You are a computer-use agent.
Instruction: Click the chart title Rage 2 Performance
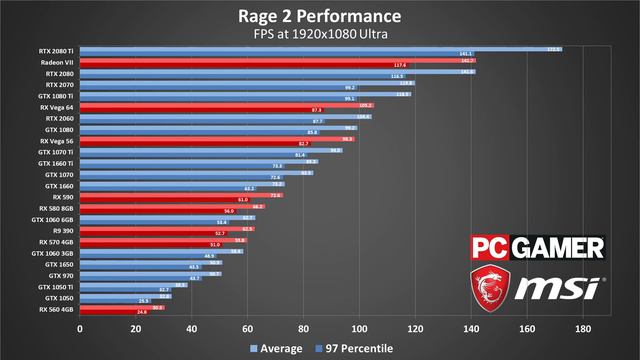320,16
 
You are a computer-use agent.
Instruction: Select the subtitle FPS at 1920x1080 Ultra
320,34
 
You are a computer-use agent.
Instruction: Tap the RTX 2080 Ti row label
56,50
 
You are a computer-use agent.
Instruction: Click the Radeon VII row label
58,62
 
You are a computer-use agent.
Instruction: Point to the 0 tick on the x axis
80,327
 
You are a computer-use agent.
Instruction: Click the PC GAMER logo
538,247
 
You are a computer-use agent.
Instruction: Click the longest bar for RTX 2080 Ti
320,48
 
